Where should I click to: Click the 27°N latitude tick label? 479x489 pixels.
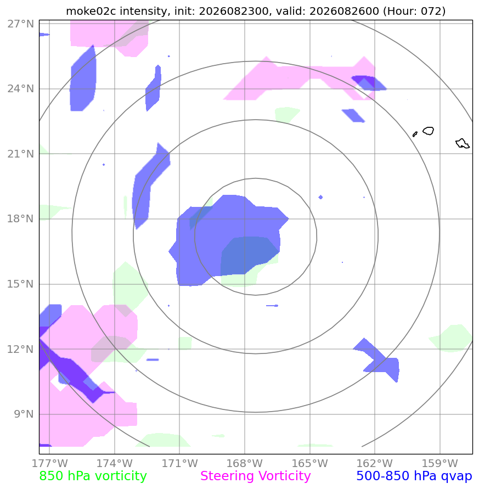(x=21, y=24)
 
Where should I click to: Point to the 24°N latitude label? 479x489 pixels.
(x=21, y=89)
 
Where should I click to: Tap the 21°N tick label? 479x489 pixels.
(x=21, y=154)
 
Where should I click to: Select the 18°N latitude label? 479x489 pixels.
(x=21, y=218)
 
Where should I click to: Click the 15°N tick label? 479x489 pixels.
(x=21, y=284)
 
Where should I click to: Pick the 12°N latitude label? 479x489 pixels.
(x=21, y=349)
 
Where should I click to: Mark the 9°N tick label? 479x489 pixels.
(x=24, y=414)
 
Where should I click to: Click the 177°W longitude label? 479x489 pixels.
(x=49, y=463)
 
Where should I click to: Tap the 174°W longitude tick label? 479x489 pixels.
(x=115, y=463)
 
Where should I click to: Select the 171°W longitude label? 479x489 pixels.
(x=179, y=463)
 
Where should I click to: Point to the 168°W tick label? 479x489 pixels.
(x=245, y=463)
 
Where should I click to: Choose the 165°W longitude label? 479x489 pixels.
(x=309, y=463)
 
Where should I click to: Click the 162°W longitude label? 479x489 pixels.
(x=375, y=463)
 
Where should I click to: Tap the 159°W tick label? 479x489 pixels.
(x=439, y=463)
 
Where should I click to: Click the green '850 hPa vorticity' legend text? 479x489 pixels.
(x=93, y=476)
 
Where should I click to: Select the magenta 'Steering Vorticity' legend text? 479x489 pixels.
(x=255, y=476)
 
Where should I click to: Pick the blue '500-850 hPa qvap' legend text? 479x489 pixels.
(x=414, y=476)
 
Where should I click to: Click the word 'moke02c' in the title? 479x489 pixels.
(x=92, y=11)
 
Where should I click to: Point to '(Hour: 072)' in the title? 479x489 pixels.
(x=414, y=11)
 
